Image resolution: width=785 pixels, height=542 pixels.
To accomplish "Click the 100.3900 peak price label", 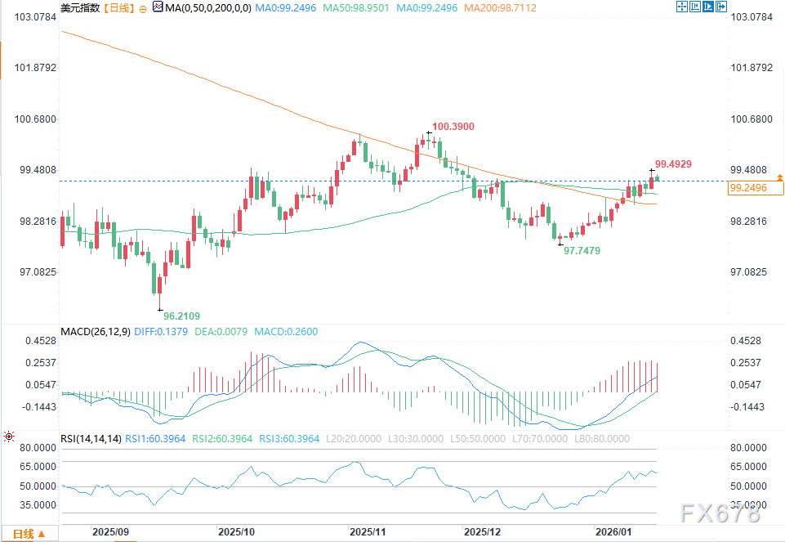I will coord(453,127).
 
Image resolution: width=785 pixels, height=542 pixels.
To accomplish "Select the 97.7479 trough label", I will coord(582,251).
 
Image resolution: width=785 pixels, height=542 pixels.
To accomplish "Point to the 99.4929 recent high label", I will coord(673,164).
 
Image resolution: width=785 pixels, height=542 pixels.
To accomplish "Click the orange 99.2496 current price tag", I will coord(749,187).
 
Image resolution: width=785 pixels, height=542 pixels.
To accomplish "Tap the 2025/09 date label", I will coord(111,531).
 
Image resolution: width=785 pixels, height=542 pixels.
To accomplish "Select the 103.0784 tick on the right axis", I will coord(749,17).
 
